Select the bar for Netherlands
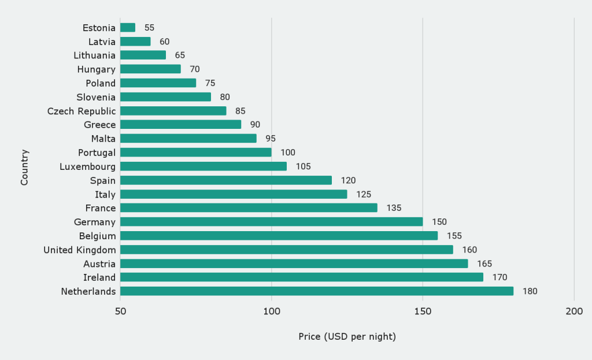click(317, 291)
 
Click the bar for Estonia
click(128, 28)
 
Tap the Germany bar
click(272, 222)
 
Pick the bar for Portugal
click(196, 153)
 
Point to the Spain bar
click(226, 180)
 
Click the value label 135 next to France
click(394, 208)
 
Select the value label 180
click(530, 291)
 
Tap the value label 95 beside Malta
click(270, 139)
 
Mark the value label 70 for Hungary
click(195, 69)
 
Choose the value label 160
click(469, 250)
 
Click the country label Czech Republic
click(82, 111)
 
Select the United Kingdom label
click(80, 250)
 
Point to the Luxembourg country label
click(88, 166)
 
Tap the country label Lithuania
click(95, 55)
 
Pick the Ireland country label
click(99, 277)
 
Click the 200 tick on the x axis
click(574, 311)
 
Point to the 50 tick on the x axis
click(120, 311)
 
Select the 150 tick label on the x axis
click(423, 311)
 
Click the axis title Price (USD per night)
click(347, 336)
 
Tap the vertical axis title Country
click(24, 168)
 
